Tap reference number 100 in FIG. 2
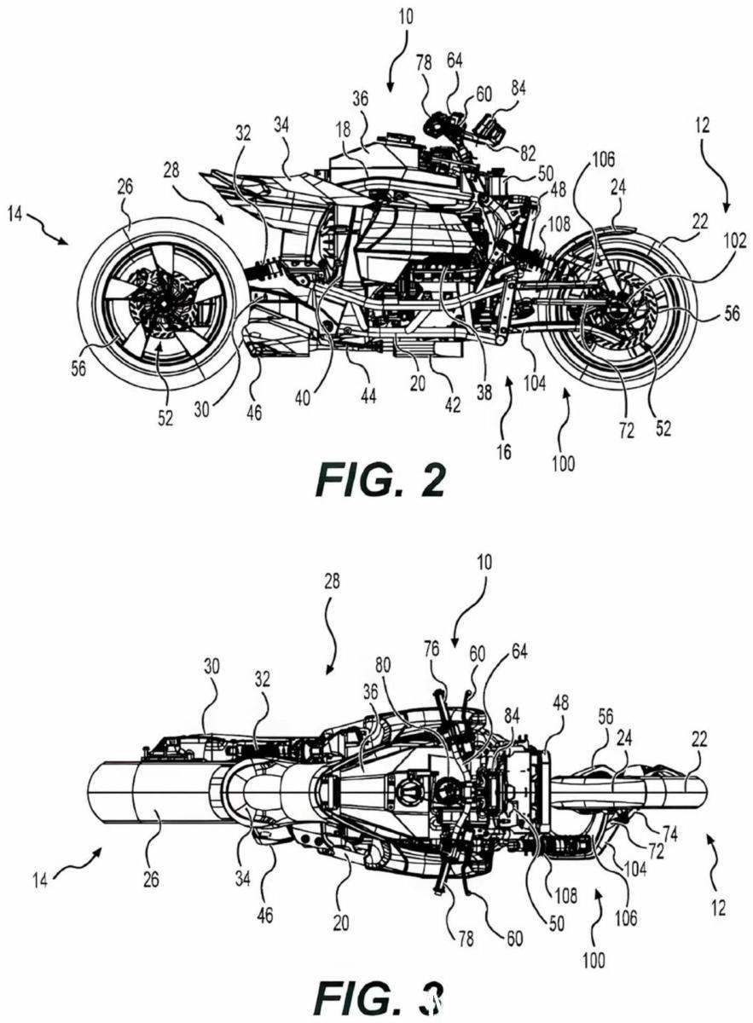point(563,464)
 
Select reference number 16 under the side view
point(504,451)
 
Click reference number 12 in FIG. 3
point(717,909)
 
